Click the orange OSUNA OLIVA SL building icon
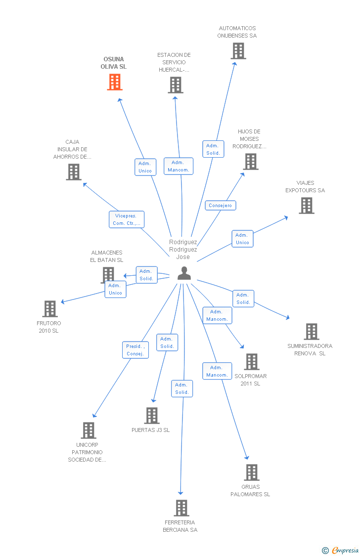coord(115,82)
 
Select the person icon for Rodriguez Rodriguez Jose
coord(184,273)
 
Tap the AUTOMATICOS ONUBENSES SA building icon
coord(238,51)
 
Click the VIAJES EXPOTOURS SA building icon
coord(307,206)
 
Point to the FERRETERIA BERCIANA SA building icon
coord(181,508)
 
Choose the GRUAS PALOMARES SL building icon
coord(252,472)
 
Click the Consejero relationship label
coord(221,205)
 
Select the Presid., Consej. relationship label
coord(135,350)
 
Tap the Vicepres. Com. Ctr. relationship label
coord(127,219)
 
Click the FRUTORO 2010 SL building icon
coord(50,309)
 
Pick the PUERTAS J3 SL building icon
coord(152,416)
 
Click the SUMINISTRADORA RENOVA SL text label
coord(310,349)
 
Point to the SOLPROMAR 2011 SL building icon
coord(252,362)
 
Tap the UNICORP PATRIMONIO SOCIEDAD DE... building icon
coord(89,430)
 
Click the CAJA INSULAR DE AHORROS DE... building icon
coord(74,172)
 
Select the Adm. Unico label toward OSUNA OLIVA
coord(145,167)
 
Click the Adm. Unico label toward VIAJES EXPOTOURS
coord(242,239)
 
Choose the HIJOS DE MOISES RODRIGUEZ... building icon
coord(251,162)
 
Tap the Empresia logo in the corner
coord(341,550)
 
